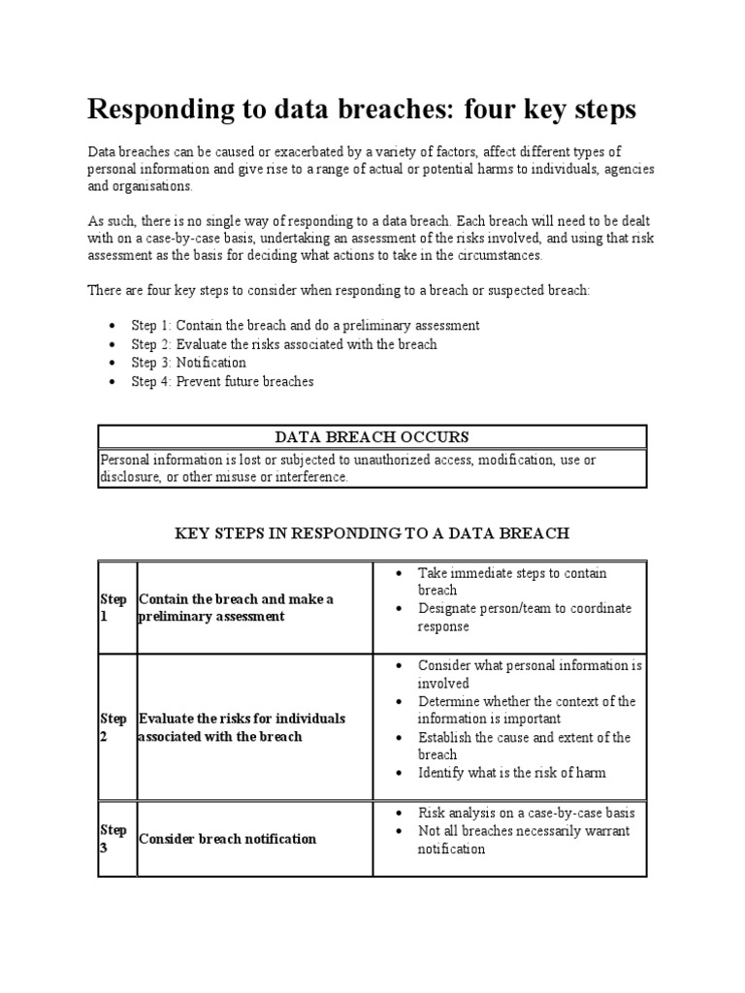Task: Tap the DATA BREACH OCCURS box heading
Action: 372,437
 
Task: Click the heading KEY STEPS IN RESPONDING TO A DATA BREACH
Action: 372,533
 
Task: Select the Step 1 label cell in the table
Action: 114,608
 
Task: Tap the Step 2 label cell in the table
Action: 114,727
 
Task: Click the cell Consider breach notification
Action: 228,838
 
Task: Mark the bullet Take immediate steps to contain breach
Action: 512,582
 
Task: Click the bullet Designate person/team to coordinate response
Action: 524,618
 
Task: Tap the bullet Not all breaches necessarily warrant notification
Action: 524,840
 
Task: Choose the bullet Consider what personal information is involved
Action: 530,674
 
